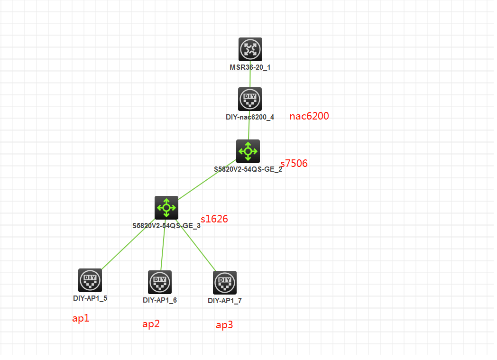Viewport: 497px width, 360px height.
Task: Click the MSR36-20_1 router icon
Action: coord(250,49)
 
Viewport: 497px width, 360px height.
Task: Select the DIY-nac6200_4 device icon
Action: coord(250,99)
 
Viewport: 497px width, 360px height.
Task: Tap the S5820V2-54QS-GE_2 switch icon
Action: coord(248,151)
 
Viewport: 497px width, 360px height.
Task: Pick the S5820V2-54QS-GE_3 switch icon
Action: coord(166,208)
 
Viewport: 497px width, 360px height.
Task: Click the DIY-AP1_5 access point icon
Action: coord(90,280)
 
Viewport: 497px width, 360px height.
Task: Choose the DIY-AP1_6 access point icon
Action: coord(160,282)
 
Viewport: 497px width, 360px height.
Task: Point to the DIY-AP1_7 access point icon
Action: coord(225,283)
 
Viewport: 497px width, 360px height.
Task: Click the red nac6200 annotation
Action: coord(309,116)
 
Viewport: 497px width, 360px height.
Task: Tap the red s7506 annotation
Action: coord(294,164)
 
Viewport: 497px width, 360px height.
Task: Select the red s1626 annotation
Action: coord(214,219)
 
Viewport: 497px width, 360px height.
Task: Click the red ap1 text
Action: coord(81,319)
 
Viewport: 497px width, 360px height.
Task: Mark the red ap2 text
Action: coord(151,324)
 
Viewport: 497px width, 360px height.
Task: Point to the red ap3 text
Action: coord(224,325)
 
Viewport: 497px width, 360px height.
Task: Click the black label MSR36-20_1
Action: coord(250,67)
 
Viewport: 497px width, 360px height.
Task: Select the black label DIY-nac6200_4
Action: coord(250,117)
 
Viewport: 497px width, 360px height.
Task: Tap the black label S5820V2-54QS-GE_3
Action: coord(166,226)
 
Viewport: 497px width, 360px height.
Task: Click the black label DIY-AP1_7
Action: coord(225,301)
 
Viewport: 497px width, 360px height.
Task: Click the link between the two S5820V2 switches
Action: coord(207,180)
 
